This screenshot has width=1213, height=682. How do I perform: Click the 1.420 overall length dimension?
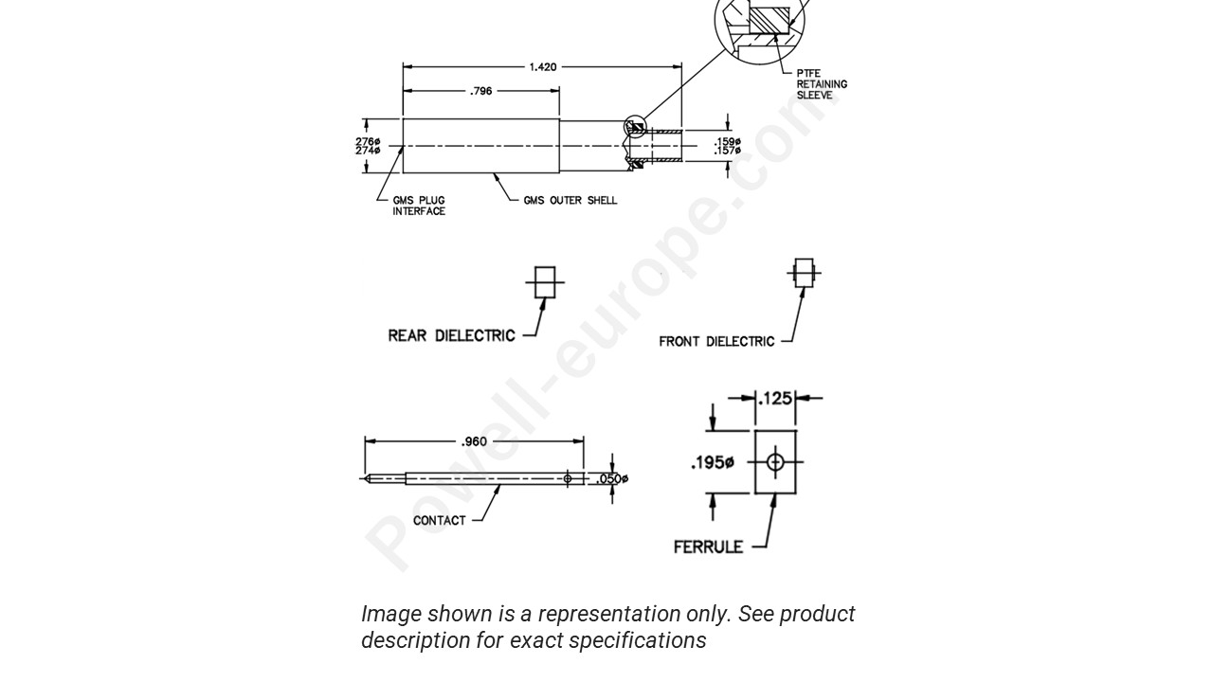pyautogui.click(x=543, y=67)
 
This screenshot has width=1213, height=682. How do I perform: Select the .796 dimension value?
pyautogui.click(x=481, y=92)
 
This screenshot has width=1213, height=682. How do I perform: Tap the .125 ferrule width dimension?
pyautogui.click(x=776, y=399)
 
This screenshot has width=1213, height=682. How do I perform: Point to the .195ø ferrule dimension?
pyautogui.click(x=713, y=462)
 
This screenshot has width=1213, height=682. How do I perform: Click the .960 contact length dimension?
pyautogui.click(x=474, y=441)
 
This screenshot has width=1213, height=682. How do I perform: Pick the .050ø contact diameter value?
pyautogui.click(x=612, y=479)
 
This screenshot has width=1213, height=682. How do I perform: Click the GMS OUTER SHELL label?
pyautogui.click(x=570, y=201)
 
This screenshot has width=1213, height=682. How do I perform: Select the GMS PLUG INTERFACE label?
pyautogui.click(x=419, y=206)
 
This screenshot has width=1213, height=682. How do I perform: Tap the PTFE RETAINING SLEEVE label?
pyautogui.click(x=821, y=84)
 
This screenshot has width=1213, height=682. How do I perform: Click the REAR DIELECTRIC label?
pyautogui.click(x=451, y=335)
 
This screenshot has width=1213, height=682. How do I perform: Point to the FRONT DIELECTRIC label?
pyautogui.click(x=716, y=341)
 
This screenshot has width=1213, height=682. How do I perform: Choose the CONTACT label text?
pyautogui.click(x=439, y=520)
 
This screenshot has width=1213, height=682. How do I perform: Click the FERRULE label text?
pyautogui.click(x=708, y=547)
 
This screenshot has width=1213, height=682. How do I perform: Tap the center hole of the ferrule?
pyautogui.click(x=775, y=462)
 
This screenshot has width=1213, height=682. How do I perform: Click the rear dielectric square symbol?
pyautogui.click(x=544, y=282)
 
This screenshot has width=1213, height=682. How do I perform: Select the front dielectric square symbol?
pyautogui.click(x=804, y=273)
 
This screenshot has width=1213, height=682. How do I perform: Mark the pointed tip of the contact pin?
pyautogui.click(x=365, y=478)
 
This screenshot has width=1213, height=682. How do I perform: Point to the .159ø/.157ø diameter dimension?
pyautogui.click(x=727, y=146)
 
